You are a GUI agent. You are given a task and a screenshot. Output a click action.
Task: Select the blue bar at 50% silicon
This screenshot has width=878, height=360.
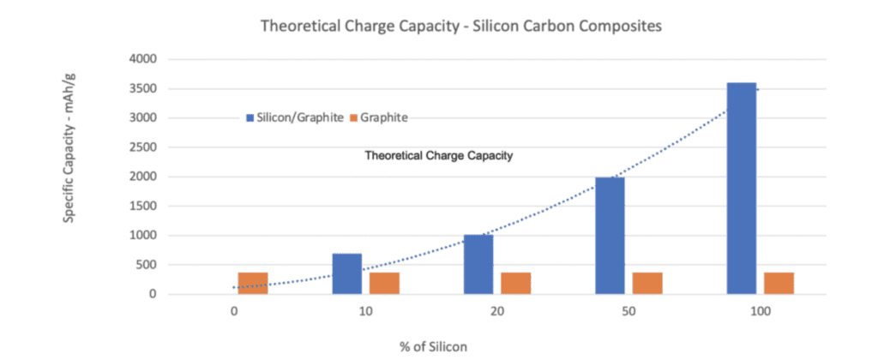point(610,236)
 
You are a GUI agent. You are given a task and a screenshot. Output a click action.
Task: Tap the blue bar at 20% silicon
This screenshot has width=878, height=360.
point(478,264)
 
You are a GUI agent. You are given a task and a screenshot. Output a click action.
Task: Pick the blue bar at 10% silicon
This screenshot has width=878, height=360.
point(346,273)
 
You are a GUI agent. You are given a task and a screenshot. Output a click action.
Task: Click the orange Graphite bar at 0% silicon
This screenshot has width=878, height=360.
point(253,283)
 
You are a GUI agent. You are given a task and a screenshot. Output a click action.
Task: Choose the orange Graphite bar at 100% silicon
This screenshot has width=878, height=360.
point(779,283)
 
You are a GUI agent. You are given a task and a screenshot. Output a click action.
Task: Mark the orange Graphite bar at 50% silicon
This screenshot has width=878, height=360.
point(647,283)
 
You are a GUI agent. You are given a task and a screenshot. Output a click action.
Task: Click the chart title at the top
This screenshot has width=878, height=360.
point(461,27)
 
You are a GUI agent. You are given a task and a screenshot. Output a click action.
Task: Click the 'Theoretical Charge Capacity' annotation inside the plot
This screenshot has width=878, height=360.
point(439,156)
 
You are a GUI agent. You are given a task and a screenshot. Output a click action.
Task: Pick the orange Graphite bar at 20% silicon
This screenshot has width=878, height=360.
point(516,283)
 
